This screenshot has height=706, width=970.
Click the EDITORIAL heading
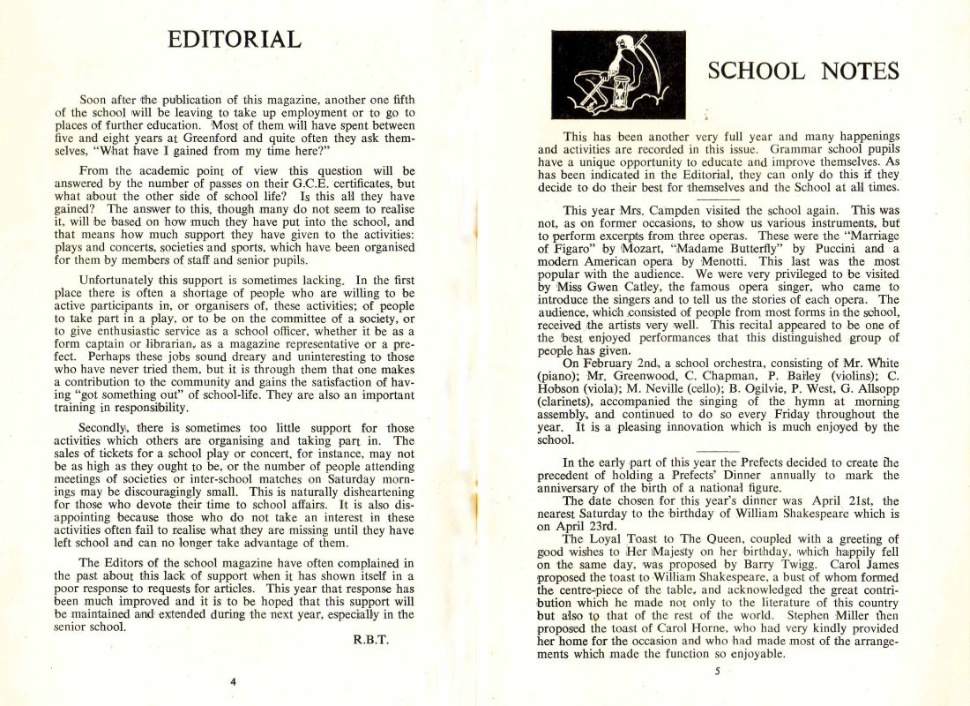click(x=235, y=40)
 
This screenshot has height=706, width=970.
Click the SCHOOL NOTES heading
click(x=803, y=71)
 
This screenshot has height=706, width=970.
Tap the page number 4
click(x=233, y=681)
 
